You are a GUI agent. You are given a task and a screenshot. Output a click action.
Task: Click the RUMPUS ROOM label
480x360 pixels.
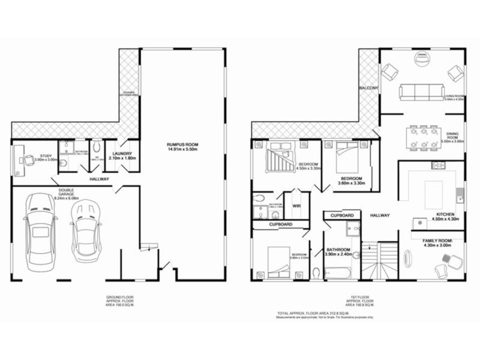[x=183, y=145]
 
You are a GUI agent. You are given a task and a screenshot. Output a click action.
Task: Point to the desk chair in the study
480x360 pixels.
[x=28, y=160]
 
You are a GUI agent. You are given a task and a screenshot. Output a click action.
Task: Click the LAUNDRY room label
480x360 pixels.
[x=122, y=154]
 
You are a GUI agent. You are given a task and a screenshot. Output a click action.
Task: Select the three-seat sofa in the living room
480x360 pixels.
[x=420, y=91]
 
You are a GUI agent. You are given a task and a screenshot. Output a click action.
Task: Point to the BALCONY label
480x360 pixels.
[x=368, y=89]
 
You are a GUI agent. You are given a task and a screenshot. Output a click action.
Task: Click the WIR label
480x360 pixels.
[x=296, y=206]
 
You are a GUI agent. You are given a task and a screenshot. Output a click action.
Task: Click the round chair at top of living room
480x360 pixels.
[x=424, y=58]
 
